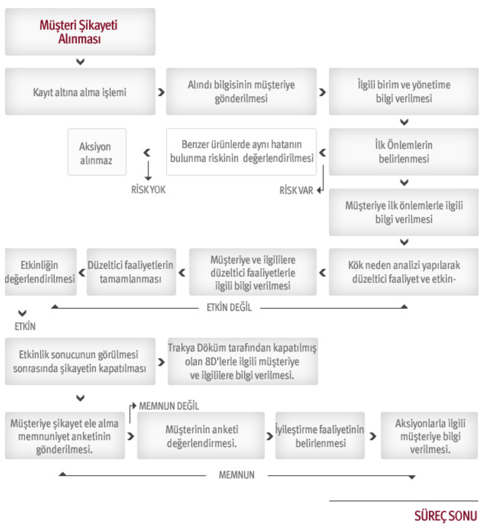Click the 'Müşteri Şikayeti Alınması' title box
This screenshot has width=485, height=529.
point(80,32)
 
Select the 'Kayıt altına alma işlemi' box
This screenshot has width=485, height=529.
point(80,92)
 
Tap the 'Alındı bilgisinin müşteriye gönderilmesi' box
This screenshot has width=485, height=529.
point(241,92)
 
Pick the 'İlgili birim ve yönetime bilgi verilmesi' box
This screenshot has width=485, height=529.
point(404,92)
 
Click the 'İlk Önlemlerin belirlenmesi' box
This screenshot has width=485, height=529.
point(404,152)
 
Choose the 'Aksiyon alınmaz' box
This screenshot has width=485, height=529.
point(97,152)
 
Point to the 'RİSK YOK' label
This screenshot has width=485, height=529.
point(148,190)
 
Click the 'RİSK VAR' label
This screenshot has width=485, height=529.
point(296,190)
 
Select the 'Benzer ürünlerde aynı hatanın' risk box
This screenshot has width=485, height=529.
point(241,152)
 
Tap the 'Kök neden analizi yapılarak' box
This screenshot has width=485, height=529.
point(404,272)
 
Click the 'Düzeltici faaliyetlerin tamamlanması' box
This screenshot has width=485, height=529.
point(131,272)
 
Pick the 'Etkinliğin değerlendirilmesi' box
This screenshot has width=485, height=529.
point(41,272)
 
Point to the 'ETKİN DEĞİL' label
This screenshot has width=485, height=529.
point(229,308)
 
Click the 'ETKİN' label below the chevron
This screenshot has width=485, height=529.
point(25,327)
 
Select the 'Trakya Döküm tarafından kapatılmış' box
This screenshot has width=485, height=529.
point(242,361)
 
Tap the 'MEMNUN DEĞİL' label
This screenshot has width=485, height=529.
point(169,406)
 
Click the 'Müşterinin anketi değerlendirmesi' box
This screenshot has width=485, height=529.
point(201,435)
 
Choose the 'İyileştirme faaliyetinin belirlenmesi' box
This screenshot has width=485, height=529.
point(320,435)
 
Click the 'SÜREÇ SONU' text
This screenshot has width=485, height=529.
point(445,516)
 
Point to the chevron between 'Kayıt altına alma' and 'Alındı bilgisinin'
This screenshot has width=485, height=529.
point(162,92)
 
